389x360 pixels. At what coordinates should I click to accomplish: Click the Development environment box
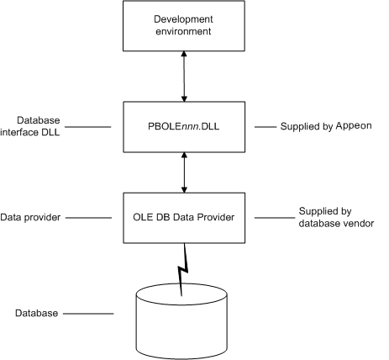click(x=184, y=26)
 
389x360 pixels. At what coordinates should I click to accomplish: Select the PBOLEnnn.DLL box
click(x=184, y=127)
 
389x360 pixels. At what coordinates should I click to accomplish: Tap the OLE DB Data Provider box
click(x=184, y=218)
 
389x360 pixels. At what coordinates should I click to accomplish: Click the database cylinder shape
click(x=181, y=321)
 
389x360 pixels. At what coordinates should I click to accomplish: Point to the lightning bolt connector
click(x=182, y=270)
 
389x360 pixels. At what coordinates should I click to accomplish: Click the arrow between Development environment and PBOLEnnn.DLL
click(x=184, y=77)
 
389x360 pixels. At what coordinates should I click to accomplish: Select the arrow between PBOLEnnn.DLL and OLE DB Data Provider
click(x=184, y=172)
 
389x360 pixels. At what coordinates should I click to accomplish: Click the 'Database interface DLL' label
click(x=30, y=126)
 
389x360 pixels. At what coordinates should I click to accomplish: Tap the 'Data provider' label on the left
click(x=30, y=217)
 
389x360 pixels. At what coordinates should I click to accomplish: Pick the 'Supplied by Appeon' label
click(x=326, y=126)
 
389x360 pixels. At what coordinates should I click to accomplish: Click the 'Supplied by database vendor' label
click(x=336, y=217)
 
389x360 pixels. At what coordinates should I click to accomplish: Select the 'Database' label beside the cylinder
click(x=36, y=313)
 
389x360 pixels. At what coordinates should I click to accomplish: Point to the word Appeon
click(x=354, y=126)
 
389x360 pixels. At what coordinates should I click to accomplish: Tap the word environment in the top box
click(x=183, y=31)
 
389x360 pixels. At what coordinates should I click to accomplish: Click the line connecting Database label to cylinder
click(x=88, y=314)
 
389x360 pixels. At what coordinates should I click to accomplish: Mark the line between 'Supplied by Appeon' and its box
click(x=265, y=127)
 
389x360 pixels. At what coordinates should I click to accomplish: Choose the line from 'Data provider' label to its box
click(x=88, y=218)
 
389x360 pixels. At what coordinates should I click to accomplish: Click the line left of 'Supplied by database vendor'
click(x=275, y=218)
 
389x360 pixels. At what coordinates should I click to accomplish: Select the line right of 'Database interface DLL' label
click(x=88, y=127)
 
